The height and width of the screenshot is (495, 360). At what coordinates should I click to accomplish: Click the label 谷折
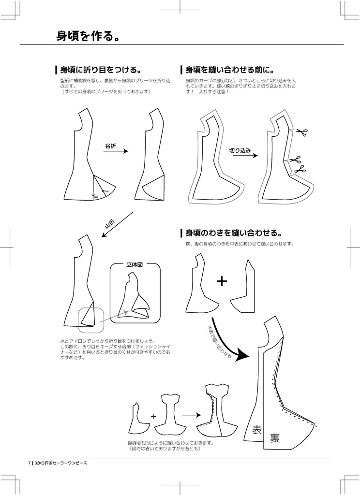pos(110,146)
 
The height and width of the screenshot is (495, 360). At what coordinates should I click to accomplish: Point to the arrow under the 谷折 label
pos(116,151)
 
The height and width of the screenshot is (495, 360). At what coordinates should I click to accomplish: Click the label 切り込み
pos(240,150)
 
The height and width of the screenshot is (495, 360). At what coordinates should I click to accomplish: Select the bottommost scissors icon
pos(300,169)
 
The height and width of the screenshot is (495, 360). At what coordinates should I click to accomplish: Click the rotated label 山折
pos(110,225)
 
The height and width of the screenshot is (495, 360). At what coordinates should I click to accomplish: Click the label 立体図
pos(135,265)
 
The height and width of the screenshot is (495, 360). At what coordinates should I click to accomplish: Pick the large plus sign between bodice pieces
pos(222,281)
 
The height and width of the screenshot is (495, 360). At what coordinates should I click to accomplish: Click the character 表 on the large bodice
pos(257,429)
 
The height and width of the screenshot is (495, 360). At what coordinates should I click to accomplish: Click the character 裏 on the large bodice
pos(275,438)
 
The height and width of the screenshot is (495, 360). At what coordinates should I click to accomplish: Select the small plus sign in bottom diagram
pos(153,416)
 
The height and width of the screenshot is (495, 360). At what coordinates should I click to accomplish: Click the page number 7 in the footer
pos(30,463)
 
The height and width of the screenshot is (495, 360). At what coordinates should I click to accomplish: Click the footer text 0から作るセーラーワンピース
pos(60,463)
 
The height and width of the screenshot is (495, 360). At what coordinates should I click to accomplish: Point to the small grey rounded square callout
pos(91,320)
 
